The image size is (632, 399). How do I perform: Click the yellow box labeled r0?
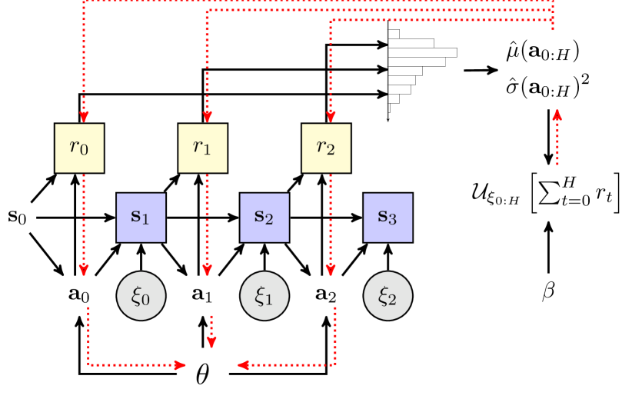(x=79, y=148)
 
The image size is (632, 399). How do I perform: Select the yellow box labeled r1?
(x=203, y=148)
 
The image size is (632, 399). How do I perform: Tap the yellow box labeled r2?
(x=326, y=148)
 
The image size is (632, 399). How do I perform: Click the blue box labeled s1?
(x=141, y=218)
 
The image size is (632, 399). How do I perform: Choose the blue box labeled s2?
(x=264, y=218)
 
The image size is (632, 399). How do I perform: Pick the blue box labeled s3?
(x=388, y=218)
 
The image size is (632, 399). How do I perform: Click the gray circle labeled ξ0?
(x=141, y=296)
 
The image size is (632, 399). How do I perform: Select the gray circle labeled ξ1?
(x=264, y=296)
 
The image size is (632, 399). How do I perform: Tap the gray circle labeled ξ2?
(x=388, y=296)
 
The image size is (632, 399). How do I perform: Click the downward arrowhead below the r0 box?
(x=83, y=270)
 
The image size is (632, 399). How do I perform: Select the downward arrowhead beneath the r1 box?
(x=207, y=270)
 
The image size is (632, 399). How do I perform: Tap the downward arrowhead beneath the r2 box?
(x=331, y=270)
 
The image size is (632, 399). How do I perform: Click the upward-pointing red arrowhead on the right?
(x=557, y=115)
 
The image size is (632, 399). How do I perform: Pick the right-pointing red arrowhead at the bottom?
(x=180, y=365)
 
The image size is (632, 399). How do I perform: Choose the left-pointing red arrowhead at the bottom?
(x=244, y=365)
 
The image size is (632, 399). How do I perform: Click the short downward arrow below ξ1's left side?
(x=211, y=342)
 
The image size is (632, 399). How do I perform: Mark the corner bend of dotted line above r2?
(x=331, y=22)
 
